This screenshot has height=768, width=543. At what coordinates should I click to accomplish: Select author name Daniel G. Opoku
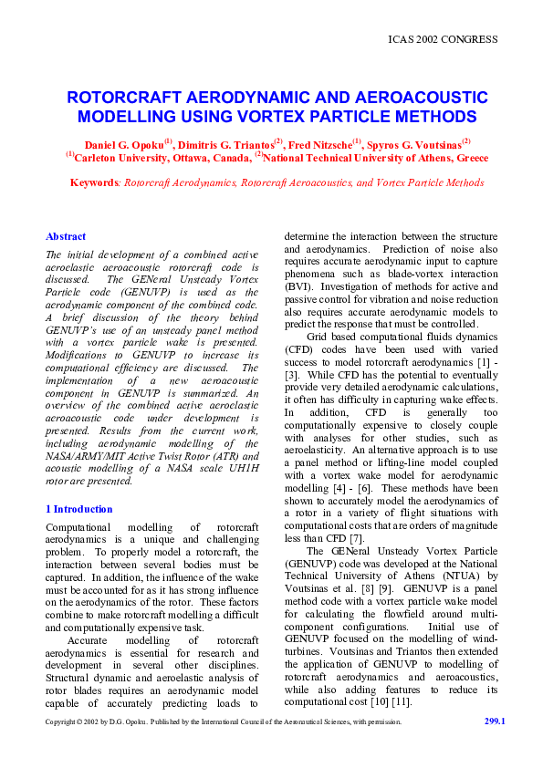pyautogui.click(x=123, y=145)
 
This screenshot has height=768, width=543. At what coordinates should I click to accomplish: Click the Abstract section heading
pyautogui.click(x=66, y=235)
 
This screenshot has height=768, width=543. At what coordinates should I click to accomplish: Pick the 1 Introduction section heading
pyautogui.click(x=79, y=509)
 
